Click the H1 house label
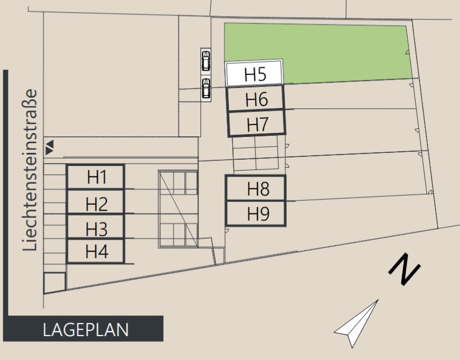[x=96, y=177]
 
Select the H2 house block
[x=96, y=203]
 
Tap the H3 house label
[x=96, y=229]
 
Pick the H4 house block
[x=96, y=251]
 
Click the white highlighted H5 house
[x=255, y=74]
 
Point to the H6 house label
[x=256, y=99]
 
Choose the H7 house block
[x=257, y=124]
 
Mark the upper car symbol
[x=205, y=60]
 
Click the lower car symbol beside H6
[x=205, y=88]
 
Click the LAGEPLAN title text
[x=86, y=330]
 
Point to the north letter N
[x=405, y=269]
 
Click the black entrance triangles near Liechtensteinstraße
[x=50, y=147]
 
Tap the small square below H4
[x=54, y=282]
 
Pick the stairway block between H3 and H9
[x=178, y=209]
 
